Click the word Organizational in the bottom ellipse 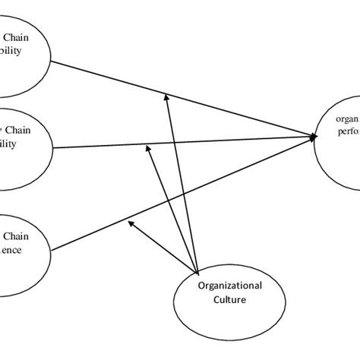pyautogui.click(x=229, y=286)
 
